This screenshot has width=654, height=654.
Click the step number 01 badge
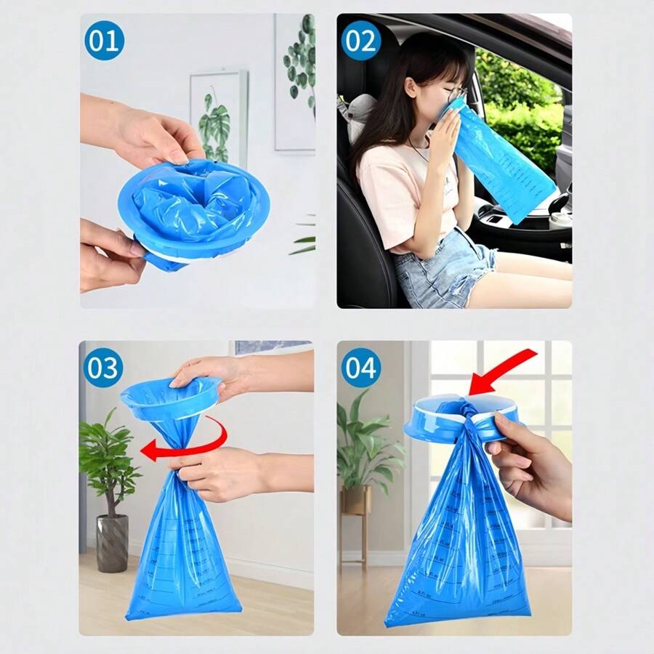[104, 41]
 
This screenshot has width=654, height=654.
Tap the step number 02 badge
[361, 41]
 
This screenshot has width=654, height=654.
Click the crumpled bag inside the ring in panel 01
[193, 203]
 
